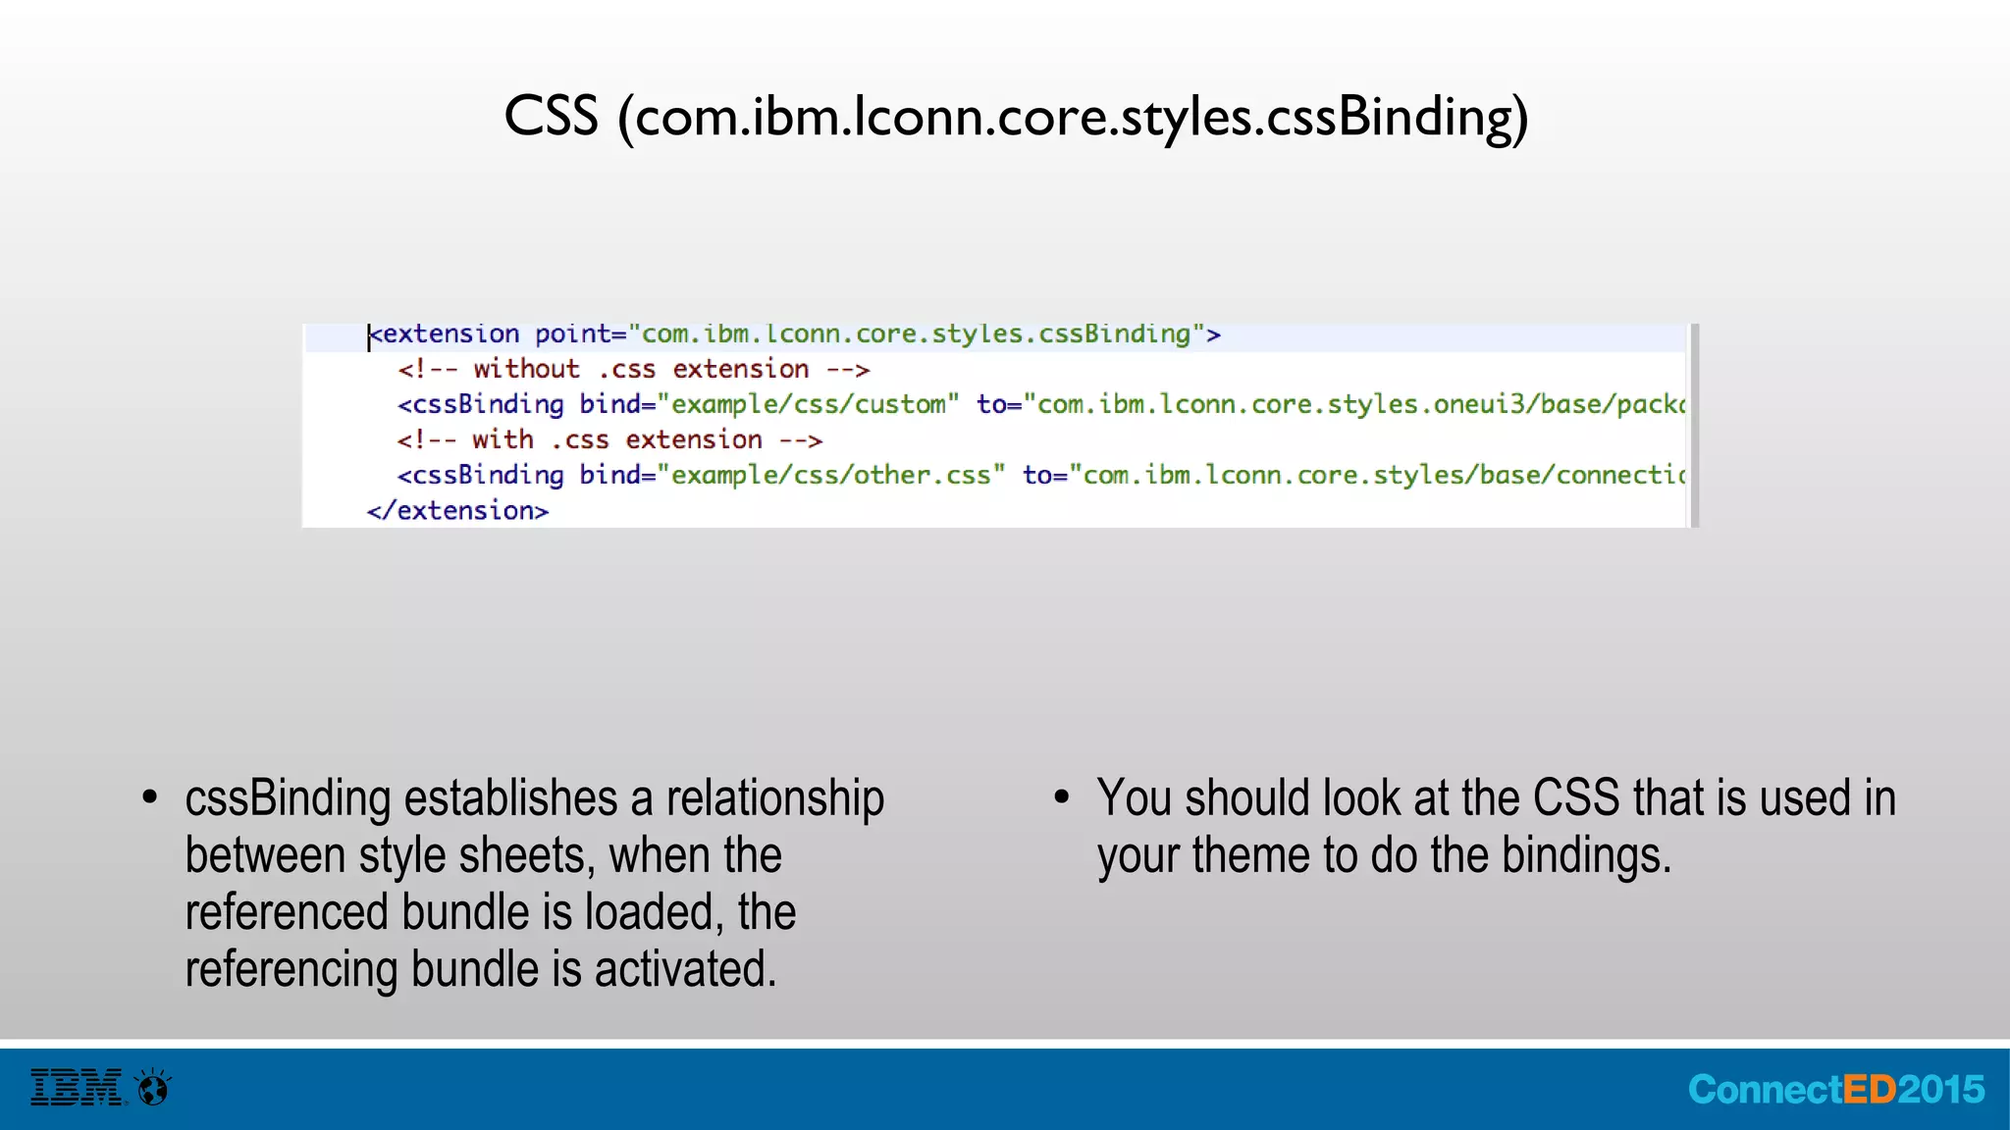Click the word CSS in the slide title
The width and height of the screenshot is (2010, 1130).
551,117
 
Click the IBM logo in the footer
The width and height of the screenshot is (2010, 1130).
77,1088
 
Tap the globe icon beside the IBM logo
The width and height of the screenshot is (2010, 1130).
154,1087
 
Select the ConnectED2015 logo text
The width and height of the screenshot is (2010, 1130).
1835,1090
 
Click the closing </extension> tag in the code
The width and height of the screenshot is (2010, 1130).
457,511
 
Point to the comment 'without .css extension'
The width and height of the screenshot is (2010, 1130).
633,370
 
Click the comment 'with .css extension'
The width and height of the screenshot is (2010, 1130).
609,440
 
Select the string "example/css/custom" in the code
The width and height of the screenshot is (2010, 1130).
808,405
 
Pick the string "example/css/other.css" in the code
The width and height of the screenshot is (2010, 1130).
831,476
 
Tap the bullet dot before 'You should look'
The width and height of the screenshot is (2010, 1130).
1061,796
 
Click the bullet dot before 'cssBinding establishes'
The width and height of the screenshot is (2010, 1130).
149,796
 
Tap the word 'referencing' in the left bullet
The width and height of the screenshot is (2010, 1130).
291,969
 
